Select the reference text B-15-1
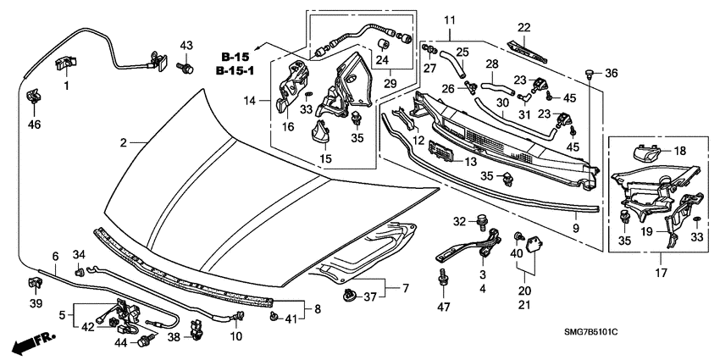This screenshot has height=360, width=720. pyautogui.click(x=235, y=70)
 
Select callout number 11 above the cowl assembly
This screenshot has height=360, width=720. pyautogui.click(x=449, y=19)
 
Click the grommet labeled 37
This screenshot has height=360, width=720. pyautogui.click(x=347, y=295)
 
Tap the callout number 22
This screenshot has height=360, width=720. pyautogui.click(x=524, y=27)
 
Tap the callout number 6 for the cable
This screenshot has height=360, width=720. pyautogui.click(x=55, y=255)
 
